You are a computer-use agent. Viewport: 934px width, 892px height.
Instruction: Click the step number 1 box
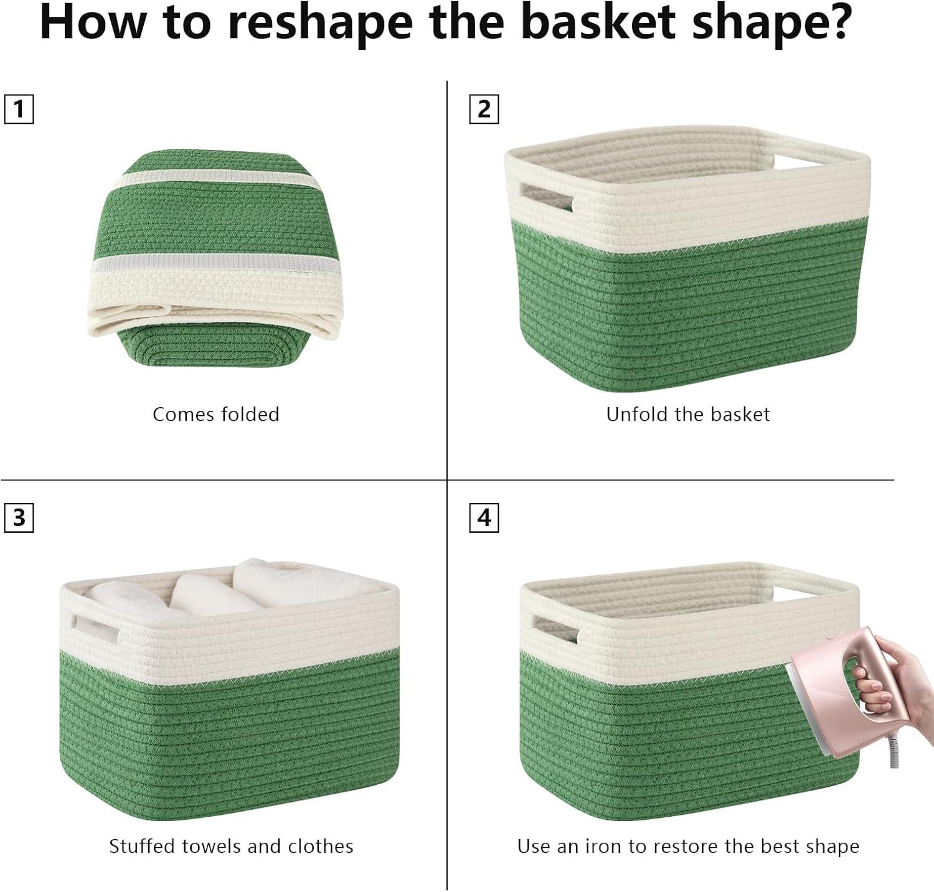coord(19,110)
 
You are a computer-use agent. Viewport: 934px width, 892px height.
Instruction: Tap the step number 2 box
coord(484,110)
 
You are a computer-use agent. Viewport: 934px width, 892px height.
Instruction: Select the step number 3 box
coord(19,518)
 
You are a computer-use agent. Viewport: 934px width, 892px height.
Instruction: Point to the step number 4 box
coord(484,518)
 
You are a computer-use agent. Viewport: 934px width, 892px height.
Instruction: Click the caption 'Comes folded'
coord(216,415)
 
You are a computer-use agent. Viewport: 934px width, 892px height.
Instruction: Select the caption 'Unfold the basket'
coord(688,415)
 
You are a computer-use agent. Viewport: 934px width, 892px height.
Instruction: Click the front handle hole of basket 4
coord(555,629)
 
